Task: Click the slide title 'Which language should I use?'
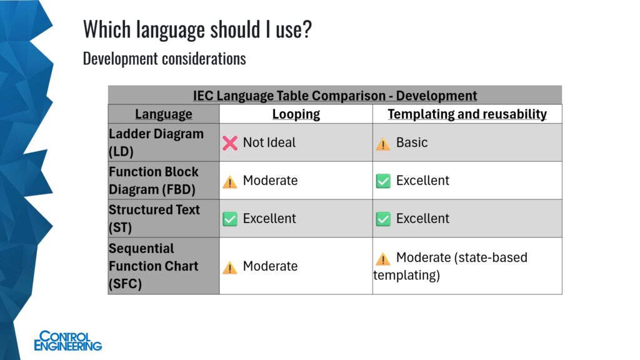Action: (197, 29)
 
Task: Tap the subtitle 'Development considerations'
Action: (164, 59)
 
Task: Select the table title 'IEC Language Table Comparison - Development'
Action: (335, 96)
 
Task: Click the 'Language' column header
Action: (163, 114)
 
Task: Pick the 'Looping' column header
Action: (296, 114)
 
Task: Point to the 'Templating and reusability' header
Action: (467, 114)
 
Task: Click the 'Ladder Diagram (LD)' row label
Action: (156, 142)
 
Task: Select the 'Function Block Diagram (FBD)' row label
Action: (154, 181)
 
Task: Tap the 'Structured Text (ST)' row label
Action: (154, 218)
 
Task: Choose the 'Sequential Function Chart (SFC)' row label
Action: (153, 266)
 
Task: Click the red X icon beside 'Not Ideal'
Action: (230, 143)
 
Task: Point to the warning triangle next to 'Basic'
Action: (383, 144)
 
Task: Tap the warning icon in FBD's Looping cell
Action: (230, 182)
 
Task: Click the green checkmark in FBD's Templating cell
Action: (383, 181)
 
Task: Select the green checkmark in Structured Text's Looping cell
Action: (230, 219)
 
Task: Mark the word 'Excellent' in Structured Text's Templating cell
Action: (422, 218)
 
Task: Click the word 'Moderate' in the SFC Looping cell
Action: (270, 266)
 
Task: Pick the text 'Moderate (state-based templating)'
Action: (451, 266)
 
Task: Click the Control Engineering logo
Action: (67, 341)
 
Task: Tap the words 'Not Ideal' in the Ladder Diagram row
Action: (269, 142)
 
